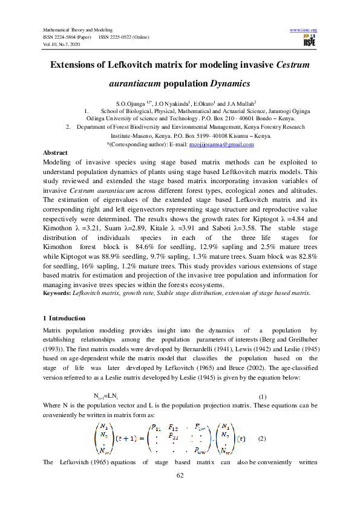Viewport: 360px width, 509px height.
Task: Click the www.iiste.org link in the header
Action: pos(304,30)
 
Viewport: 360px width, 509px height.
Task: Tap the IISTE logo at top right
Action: pos(309,41)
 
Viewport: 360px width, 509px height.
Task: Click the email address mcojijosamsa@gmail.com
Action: pos(219,144)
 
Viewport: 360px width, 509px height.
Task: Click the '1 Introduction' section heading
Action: pos(64,318)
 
